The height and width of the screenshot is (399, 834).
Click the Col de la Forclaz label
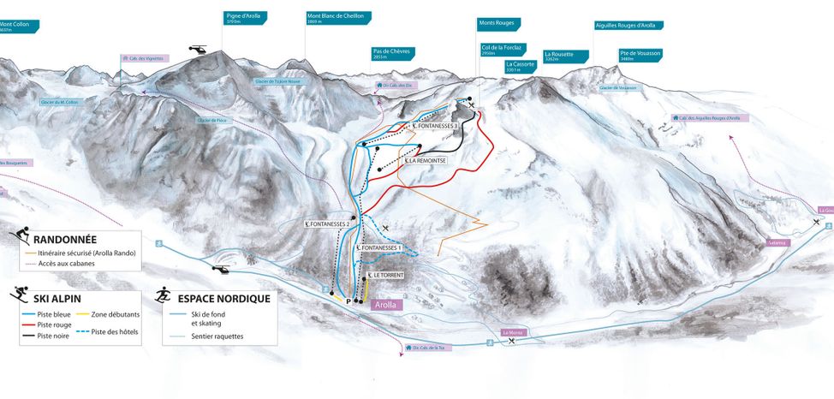tap(503, 50)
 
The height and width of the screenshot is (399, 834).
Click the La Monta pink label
tap(512, 332)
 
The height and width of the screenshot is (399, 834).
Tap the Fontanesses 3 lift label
tap(436, 126)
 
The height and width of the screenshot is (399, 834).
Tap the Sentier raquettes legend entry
tap(217, 336)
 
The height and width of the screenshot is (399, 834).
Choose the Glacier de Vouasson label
tap(618, 87)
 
